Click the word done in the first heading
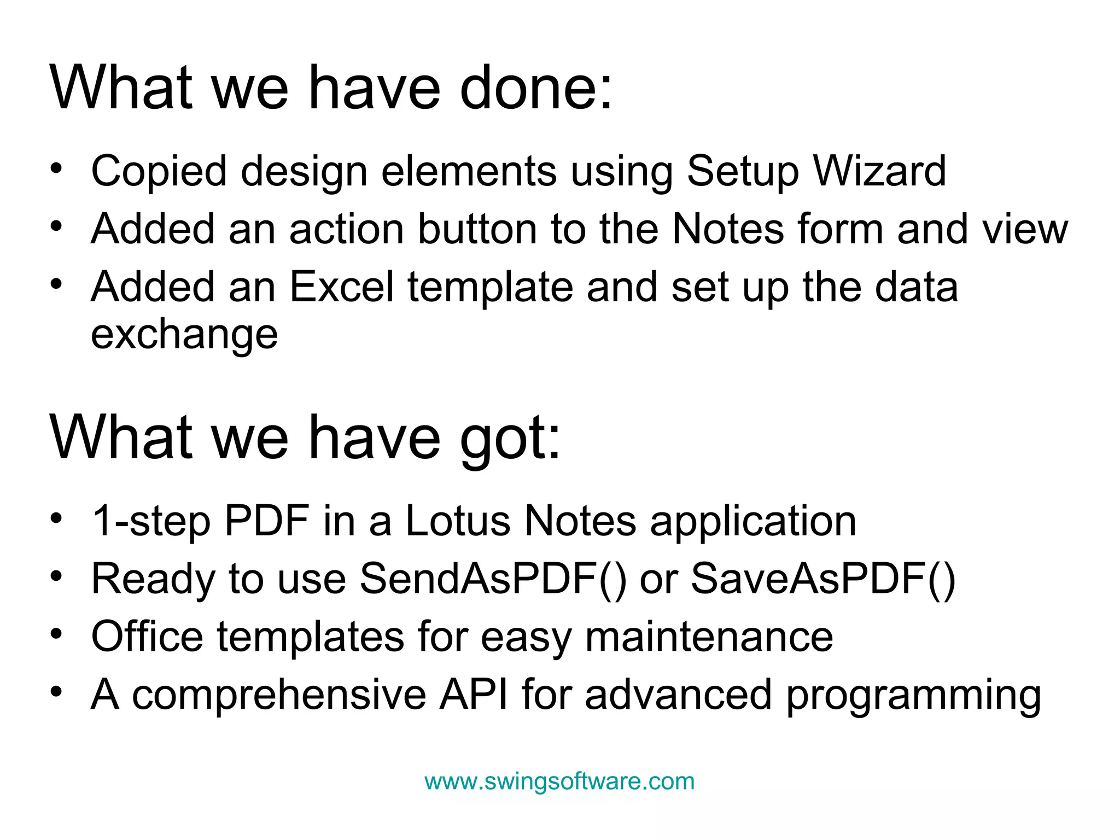[536, 87]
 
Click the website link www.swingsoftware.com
[559, 781]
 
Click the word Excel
[341, 287]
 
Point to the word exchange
[184, 335]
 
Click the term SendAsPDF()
[493, 579]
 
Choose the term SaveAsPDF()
[823, 579]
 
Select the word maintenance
[709, 637]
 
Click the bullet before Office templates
[56, 633]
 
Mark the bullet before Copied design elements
[56, 168]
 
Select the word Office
[147, 637]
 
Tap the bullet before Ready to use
[56, 575]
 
